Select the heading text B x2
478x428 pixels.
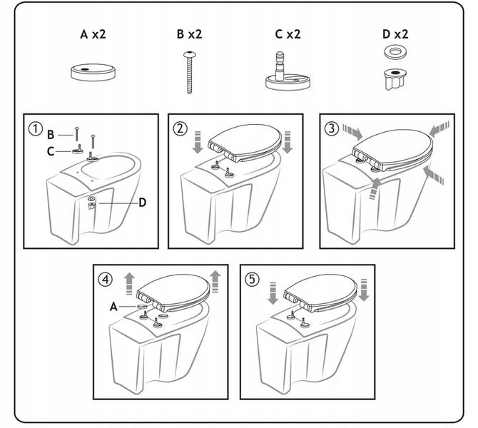(x=190, y=34)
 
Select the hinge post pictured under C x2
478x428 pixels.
(x=290, y=72)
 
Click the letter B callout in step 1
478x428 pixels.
(x=51, y=133)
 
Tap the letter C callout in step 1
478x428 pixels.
(x=51, y=150)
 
